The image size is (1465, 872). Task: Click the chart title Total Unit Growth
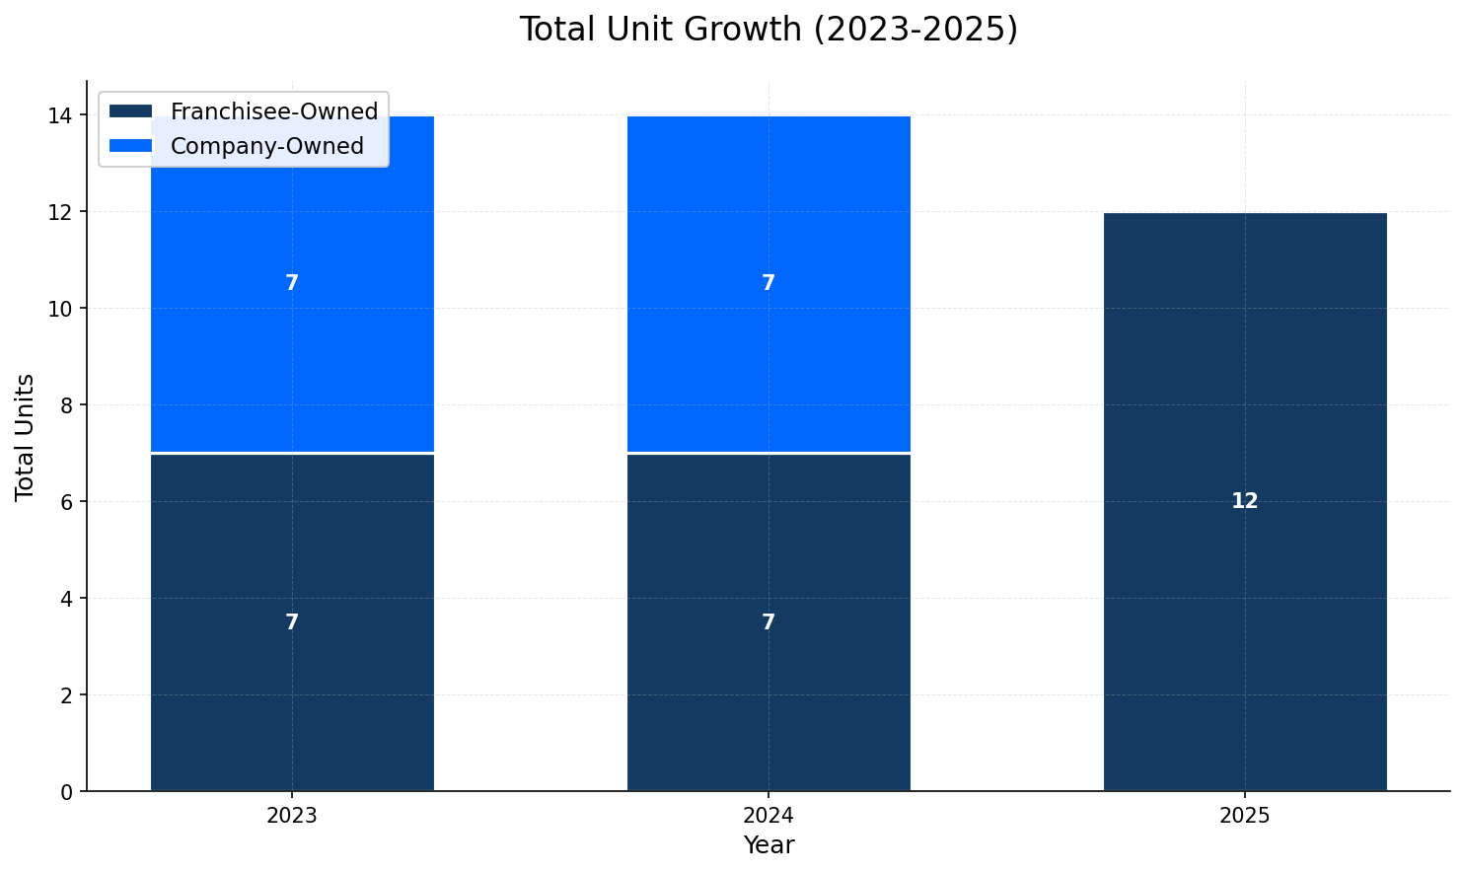coord(768,30)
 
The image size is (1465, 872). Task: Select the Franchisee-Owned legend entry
coord(273,111)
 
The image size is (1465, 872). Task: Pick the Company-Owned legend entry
coord(266,146)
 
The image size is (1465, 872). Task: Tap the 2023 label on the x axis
coord(292,817)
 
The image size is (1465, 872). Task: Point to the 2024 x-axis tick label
coord(769,817)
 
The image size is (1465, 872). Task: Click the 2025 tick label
coord(1245,817)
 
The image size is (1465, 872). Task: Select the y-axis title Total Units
coord(26,436)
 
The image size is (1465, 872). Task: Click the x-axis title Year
coord(769,845)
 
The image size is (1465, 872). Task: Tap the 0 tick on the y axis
coord(67,791)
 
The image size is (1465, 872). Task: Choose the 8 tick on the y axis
coord(67,405)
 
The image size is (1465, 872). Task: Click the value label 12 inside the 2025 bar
coord(1245,501)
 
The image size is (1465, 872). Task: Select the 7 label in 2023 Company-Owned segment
coord(292,283)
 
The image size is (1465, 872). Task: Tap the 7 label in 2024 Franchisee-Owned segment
coord(769,622)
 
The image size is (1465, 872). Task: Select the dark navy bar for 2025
coord(1245,641)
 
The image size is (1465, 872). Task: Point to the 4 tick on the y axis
coord(67,598)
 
